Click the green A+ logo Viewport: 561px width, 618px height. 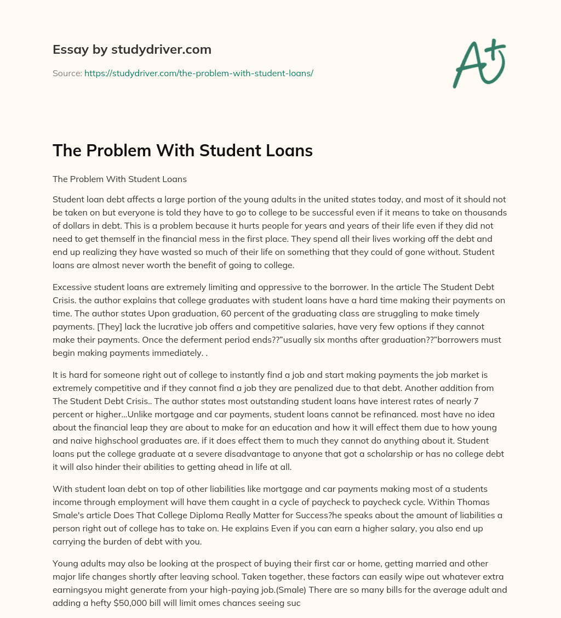tap(479, 63)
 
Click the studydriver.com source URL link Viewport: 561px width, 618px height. tap(198, 73)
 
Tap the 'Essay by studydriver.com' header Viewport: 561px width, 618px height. tap(132, 49)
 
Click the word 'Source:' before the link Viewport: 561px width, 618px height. tap(67, 73)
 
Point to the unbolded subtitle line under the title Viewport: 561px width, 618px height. tap(119, 179)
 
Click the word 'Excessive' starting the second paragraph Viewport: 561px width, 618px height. tap(72, 287)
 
